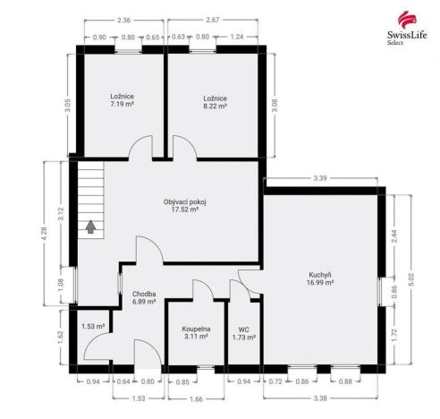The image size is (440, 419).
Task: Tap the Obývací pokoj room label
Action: [185, 201]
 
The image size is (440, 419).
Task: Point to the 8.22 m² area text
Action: [215, 105]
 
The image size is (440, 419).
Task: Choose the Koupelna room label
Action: [196, 328]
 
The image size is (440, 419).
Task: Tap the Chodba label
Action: [144, 293]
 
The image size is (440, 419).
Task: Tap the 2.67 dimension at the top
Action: [214, 20]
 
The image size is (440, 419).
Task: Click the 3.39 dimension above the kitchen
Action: [321, 179]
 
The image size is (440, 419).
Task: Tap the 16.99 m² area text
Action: [321, 282]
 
